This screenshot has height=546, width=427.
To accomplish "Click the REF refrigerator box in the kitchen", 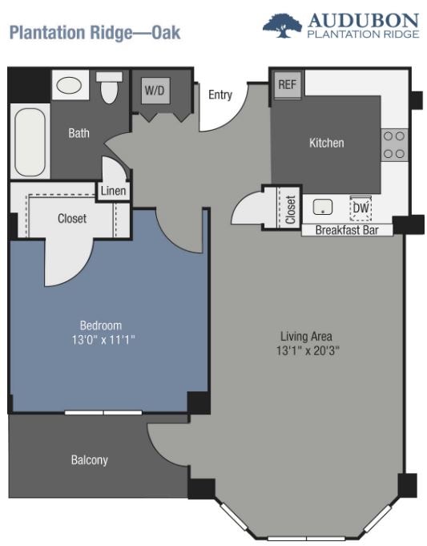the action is (288, 85).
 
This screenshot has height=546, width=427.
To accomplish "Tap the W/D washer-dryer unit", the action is (155, 90).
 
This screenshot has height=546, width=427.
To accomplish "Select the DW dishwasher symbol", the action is (361, 208).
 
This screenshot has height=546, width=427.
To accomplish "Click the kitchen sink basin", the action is (323, 207).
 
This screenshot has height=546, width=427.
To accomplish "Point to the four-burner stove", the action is (394, 145).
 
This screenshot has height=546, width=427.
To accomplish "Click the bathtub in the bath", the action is (30, 142).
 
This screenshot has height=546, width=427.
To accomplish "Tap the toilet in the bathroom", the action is (109, 87).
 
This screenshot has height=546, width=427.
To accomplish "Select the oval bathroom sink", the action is (69, 85).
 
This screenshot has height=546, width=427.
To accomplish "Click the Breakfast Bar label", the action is (347, 230).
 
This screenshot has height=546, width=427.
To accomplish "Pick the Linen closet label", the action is (114, 191).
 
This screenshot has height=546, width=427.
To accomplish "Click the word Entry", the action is (220, 95).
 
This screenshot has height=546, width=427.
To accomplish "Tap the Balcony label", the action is (90, 460).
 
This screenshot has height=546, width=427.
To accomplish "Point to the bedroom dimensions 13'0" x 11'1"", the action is (103, 339).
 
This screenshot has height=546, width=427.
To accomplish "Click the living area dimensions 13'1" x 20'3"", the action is (308, 350).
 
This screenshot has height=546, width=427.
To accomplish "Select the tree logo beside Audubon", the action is (282, 26).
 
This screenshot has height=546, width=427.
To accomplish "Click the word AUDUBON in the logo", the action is (364, 21).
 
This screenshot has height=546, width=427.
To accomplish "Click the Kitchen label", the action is (327, 143).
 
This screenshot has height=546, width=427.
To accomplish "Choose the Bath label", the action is (79, 133).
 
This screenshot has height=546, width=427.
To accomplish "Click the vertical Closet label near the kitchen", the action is (291, 209).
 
